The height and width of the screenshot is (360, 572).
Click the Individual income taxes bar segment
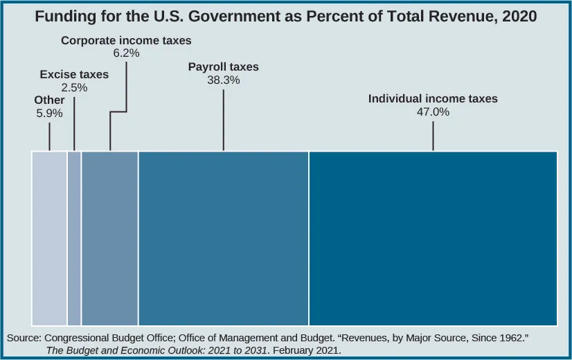click(x=433, y=238)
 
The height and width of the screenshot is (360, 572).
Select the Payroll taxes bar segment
click(x=223, y=238)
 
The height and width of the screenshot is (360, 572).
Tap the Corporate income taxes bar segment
click(x=109, y=238)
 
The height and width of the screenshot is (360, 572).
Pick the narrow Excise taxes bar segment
click(x=74, y=238)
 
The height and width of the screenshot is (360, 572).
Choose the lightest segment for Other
click(x=49, y=238)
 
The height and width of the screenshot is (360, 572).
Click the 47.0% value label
click(x=433, y=111)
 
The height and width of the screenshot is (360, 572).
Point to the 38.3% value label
click(x=223, y=80)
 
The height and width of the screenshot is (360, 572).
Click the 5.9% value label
click(x=49, y=113)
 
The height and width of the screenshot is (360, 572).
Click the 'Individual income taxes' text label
click(x=433, y=99)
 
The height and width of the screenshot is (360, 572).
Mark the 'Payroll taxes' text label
click(x=223, y=67)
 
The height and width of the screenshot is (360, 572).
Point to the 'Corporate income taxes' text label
click(x=126, y=41)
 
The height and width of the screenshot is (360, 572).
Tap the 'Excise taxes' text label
click(x=74, y=74)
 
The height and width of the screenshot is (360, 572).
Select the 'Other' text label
click(x=49, y=100)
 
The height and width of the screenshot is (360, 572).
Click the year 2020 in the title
click(x=520, y=15)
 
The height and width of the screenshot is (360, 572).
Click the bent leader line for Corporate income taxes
click(x=118, y=111)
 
